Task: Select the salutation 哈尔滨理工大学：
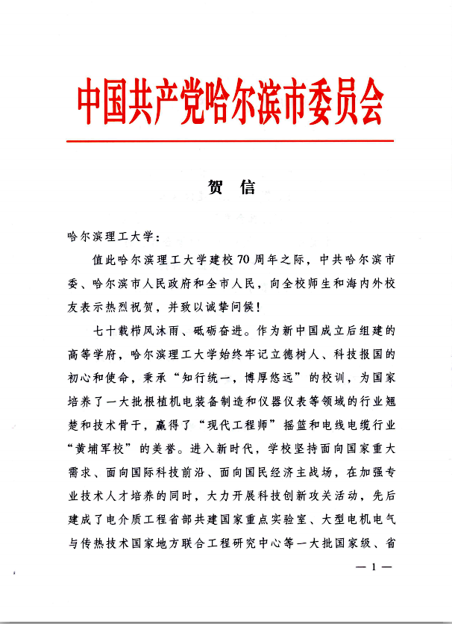(113, 237)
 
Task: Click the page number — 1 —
(372, 567)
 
